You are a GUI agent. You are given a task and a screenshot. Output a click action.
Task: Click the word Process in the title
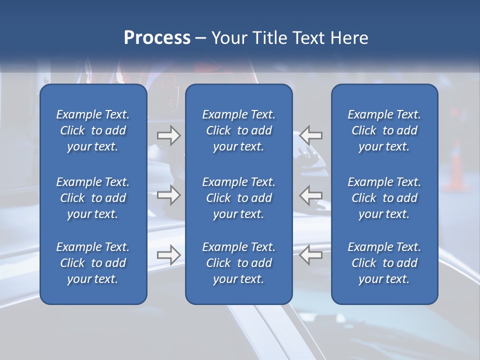(157, 38)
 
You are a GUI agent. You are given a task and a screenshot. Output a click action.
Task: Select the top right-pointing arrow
(168, 135)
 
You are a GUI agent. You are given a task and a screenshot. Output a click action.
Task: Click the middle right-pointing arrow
(168, 195)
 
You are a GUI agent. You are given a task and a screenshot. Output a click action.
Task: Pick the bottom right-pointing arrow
(168, 255)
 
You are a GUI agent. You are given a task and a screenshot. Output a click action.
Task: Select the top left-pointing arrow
(311, 135)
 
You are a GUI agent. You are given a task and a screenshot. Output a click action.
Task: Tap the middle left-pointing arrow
(311, 195)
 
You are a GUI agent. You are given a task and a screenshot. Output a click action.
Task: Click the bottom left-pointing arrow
(311, 255)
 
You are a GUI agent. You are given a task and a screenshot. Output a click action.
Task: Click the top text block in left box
(93, 130)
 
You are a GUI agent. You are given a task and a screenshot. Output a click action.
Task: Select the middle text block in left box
(93, 198)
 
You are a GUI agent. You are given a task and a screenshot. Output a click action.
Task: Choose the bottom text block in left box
(93, 263)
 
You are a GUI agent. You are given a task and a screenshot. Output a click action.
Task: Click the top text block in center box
(238, 130)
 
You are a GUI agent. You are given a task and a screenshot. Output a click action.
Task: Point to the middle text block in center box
(238, 198)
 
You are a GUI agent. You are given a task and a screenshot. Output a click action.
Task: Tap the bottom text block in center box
(238, 263)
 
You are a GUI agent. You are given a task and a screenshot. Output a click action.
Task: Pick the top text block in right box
(384, 130)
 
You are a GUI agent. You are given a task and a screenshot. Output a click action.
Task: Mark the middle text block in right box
(384, 198)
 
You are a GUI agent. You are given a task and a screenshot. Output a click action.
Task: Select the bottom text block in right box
(384, 263)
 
